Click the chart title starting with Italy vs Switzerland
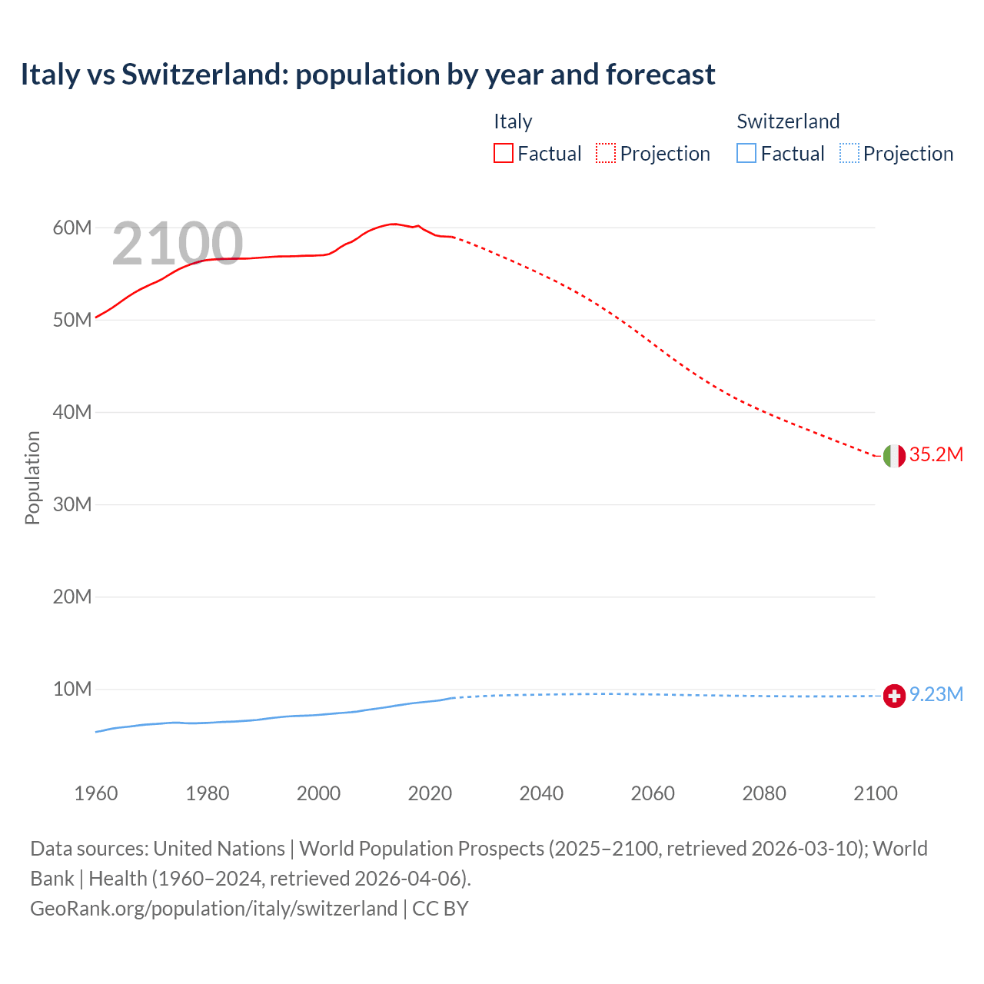point(367,75)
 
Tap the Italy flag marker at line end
point(893,456)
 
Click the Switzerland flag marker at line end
point(893,696)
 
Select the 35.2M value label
point(936,454)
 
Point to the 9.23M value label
point(936,695)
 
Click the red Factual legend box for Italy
point(503,154)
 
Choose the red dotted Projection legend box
point(606,154)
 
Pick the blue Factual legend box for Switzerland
point(746,154)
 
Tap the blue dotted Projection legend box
point(849,154)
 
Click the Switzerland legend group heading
point(788,121)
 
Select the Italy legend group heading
point(513,121)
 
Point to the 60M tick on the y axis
point(72,228)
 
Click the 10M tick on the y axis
point(72,689)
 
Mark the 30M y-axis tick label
point(72,504)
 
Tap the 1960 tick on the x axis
point(96,793)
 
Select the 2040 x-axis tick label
point(541,793)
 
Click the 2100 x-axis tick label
point(875,793)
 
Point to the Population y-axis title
point(32,477)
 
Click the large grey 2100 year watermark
point(178,244)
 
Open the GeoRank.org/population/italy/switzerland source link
point(214,909)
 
